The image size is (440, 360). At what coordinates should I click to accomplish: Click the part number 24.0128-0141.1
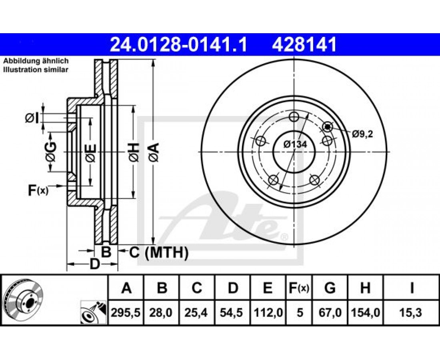[178, 45]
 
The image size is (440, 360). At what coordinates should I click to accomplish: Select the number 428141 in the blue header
[304, 45]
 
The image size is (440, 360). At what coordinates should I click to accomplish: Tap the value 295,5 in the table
[126, 312]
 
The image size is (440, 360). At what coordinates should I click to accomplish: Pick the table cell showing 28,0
[161, 312]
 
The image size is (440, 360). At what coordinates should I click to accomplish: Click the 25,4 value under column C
[197, 312]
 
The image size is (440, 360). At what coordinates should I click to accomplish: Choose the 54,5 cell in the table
[232, 312]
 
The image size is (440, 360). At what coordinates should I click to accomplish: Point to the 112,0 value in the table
[268, 312]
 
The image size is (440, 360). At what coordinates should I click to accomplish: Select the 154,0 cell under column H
[365, 312]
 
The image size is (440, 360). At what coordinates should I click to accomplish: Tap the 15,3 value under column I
[412, 312]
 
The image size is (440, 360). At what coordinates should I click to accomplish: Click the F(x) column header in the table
[299, 288]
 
